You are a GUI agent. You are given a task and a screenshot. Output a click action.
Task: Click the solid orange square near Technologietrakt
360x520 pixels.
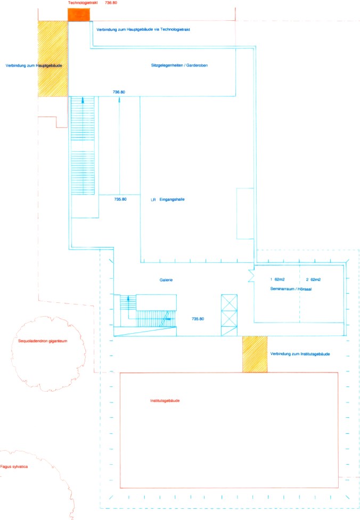79,15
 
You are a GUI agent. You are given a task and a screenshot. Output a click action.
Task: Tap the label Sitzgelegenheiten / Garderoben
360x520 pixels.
179,65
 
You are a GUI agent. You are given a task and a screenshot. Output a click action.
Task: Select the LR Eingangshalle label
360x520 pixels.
168,199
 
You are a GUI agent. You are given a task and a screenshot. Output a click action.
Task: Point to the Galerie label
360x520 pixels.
166,280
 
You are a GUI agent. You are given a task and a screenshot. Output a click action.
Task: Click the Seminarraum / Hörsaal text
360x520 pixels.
291,289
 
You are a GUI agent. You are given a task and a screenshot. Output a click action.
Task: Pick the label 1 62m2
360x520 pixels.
277,279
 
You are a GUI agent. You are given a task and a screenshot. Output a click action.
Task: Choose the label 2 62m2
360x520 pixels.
313,279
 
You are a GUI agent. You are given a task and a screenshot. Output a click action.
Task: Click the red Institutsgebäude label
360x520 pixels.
165,401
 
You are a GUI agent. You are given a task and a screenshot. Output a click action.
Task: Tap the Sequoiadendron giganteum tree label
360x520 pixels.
43,341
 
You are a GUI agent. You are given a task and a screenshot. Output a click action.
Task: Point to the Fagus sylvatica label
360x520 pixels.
14,467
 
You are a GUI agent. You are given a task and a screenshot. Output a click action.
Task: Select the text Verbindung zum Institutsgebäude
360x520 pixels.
300,354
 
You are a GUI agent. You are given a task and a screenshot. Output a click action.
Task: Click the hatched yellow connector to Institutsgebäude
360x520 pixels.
255,354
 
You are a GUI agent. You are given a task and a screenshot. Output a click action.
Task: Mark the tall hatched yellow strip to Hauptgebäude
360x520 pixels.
53,59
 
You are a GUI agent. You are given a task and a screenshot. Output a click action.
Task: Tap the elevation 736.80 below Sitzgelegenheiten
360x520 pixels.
119,92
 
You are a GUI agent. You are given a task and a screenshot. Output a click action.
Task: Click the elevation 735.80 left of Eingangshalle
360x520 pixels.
120,199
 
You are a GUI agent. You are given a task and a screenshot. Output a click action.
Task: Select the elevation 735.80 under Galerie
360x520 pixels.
198,319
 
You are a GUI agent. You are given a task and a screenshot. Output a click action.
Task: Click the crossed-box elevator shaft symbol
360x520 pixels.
230,315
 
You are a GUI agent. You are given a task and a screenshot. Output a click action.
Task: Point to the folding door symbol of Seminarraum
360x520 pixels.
251,276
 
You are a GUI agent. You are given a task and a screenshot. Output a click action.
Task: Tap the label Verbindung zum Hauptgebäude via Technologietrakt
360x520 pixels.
143,29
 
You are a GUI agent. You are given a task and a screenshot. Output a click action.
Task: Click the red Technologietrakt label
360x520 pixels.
83,3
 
